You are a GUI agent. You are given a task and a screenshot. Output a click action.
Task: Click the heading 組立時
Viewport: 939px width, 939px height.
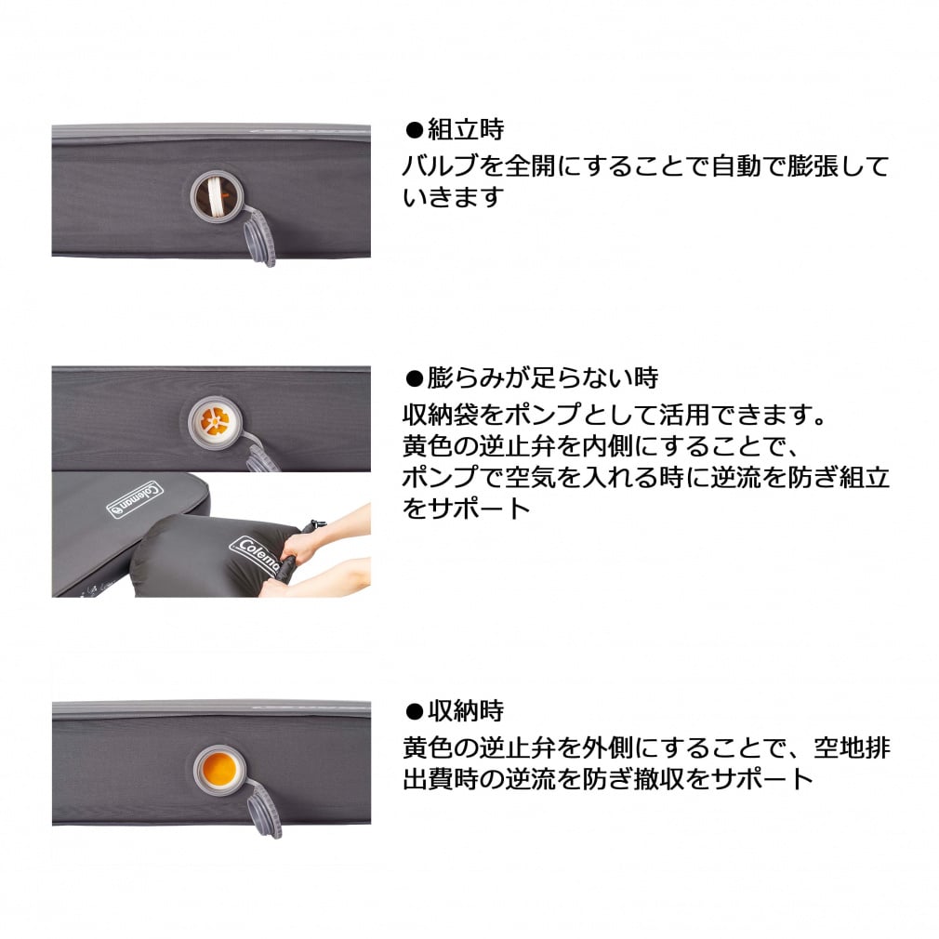click(466, 128)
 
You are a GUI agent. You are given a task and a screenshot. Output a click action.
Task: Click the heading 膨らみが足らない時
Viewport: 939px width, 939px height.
click(543, 377)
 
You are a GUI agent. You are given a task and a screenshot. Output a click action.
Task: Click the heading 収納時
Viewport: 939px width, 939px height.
click(466, 711)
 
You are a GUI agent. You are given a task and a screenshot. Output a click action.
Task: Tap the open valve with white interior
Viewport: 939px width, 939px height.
click(216, 195)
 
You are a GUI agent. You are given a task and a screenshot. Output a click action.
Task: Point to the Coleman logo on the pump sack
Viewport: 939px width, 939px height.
click(256, 556)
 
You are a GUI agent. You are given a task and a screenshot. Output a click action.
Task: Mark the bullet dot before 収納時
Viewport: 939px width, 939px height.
click(414, 712)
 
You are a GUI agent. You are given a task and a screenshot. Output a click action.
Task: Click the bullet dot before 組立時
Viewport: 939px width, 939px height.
click(414, 129)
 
